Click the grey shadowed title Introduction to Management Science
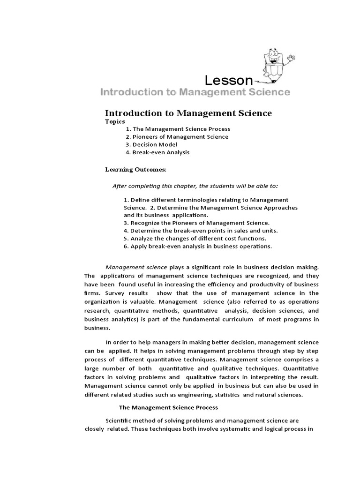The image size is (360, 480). click(x=195, y=92)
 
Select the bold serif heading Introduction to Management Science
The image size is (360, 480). click(x=188, y=113)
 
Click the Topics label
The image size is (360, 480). click(x=115, y=121)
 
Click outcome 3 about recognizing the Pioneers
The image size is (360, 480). click(x=196, y=223)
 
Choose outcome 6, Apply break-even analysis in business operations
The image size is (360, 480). click(x=198, y=246)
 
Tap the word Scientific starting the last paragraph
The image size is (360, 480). click(x=119, y=421)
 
